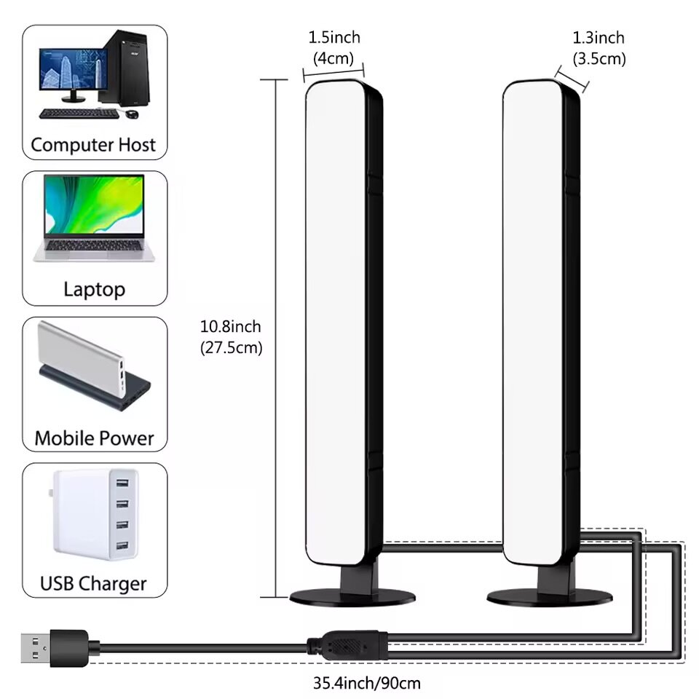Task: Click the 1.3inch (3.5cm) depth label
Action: click(x=599, y=48)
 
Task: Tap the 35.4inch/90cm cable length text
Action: click(x=367, y=683)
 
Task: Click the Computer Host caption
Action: click(x=93, y=144)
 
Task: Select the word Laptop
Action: click(x=94, y=289)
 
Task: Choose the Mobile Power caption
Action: click(x=94, y=438)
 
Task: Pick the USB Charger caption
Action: click(x=94, y=582)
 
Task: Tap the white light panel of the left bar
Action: click(x=336, y=320)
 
